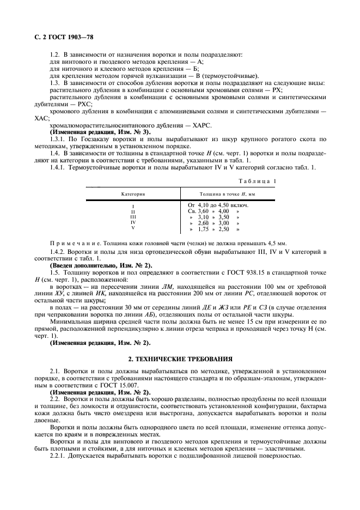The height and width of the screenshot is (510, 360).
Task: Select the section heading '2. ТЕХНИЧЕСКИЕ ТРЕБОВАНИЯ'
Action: click(179, 359)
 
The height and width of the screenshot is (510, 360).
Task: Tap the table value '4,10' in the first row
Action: click(204, 205)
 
